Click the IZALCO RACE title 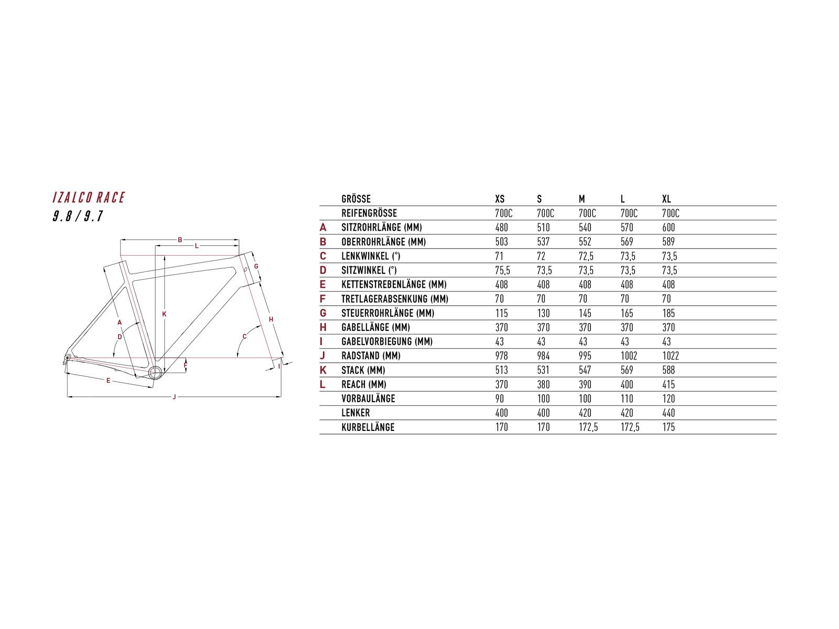click(x=89, y=198)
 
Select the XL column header click(x=666, y=199)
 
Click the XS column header click(x=500, y=199)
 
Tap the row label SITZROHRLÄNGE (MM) click(x=381, y=227)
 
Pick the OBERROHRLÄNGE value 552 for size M click(x=585, y=242)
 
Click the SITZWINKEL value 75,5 click(x=502, y=270)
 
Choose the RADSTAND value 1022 click(x=670, y=356)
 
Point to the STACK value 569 click(x=627, y=370)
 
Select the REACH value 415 click(x=669, y=384)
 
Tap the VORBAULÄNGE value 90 click(x=499, y=399)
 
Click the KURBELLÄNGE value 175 click(x=669, y=427)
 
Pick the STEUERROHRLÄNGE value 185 click(x=669, y=313)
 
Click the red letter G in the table click(x=323, y=313)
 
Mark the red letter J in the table click(x=323, y=356)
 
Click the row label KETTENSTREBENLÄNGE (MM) click(x=394, y=285)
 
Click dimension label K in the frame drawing click(x=164, y=314)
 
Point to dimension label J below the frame click(x=175, y=397)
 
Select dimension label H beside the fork click(x=271, y=319)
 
